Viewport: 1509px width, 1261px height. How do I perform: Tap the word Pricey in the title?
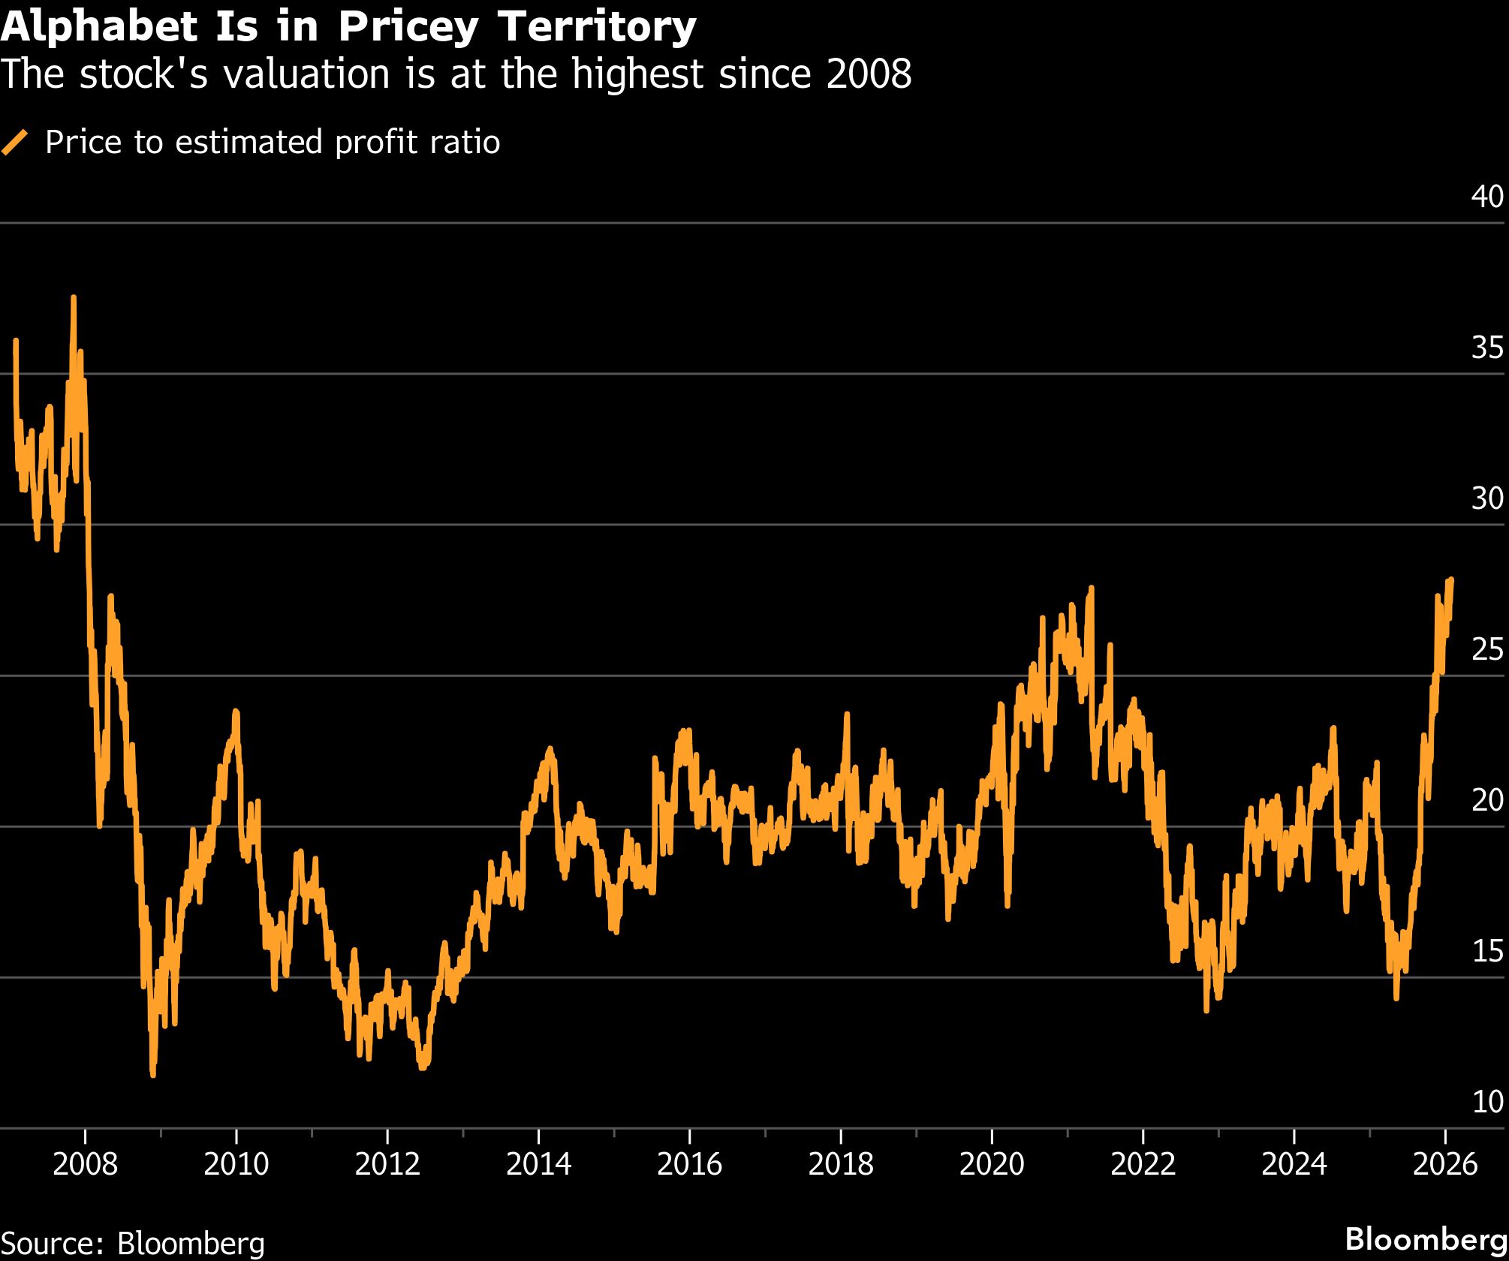tap(408, 27)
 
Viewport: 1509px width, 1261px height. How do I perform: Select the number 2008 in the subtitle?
tap(869, 74)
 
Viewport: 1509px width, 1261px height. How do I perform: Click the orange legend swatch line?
tap(15, 142)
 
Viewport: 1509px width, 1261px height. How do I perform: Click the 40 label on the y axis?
tap(1487, 197)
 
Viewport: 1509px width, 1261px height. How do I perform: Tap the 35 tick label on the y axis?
tap(1487, 348)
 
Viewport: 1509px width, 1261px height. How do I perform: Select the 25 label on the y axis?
tap(1487, 649)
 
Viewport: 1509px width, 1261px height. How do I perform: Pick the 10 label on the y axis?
tap(1487, 1102)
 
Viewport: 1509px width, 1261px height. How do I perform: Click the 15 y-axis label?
tap(1487, 951)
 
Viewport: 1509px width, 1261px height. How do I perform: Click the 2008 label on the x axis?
tap(86, 1164)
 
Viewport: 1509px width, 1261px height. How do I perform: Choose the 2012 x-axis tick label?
tap(387, 1164)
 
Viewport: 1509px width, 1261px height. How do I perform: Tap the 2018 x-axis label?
tap(840, 1164)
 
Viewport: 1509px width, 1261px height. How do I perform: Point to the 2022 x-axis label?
tap(1142, 1164)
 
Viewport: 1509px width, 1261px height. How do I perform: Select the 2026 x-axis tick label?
tap(1444, 1164)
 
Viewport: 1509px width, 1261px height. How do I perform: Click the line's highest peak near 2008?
tap(73, 298)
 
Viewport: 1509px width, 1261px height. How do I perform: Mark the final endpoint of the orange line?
tap(1451, 579)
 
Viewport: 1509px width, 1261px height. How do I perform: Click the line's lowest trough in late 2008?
tap(153, 1074)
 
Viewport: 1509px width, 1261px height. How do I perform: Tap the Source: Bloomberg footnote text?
tap(133, 1243)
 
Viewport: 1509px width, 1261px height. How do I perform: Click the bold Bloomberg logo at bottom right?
tap(1426, 1238)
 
